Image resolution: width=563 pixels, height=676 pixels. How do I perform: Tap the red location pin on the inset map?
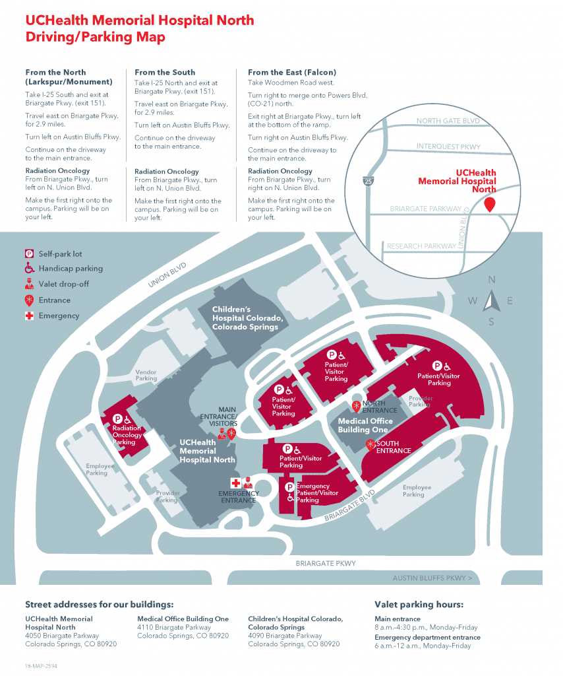490,204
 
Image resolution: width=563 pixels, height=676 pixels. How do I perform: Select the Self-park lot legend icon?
30,253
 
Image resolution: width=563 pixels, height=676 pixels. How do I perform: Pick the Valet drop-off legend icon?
30,285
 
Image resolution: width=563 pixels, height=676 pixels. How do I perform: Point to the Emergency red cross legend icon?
30,316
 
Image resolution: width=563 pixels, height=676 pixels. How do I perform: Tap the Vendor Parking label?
146,376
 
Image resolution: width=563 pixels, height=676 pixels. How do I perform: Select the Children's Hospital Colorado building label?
247,318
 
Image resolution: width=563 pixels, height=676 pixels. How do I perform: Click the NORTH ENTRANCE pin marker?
357,405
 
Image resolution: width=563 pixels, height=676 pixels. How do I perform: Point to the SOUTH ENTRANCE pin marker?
370,444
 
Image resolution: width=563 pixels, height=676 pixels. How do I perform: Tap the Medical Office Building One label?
365,425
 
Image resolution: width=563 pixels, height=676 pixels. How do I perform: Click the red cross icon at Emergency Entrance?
235,483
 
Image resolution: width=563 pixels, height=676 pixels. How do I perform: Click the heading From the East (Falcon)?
291,72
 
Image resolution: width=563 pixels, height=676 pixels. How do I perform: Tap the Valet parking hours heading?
419,604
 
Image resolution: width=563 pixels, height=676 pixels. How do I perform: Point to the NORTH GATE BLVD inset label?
448,121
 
